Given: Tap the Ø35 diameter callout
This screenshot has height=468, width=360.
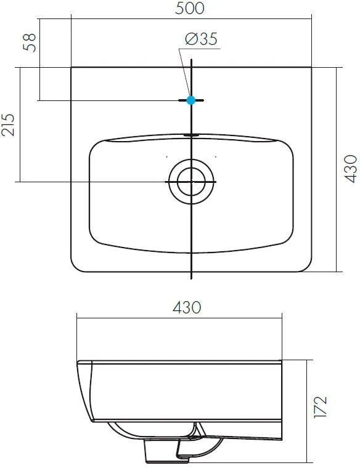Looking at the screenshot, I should pos(200,39).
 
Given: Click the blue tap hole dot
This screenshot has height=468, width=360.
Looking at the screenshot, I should pos(191,100).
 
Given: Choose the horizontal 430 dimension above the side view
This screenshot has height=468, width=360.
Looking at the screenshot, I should pos(187,307).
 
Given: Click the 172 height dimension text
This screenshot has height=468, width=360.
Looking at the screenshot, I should pos(321,408).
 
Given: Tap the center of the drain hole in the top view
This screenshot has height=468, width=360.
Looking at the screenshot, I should pos(191,182).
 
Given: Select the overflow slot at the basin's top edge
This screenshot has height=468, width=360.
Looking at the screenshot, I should pos(191,134).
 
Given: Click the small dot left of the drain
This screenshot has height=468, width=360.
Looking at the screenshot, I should pos(166,156).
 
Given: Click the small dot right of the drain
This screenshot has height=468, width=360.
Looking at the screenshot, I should pos(216,156).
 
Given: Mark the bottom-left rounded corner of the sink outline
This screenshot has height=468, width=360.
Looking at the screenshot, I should pos(76,266).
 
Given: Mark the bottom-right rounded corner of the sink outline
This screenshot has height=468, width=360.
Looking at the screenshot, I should pos(306,266).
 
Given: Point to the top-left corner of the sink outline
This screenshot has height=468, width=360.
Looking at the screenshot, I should pos(72,68).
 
